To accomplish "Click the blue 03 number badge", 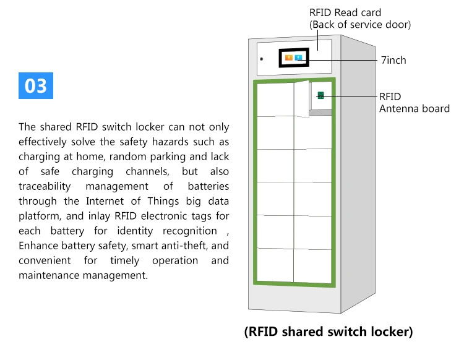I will click(36, 86).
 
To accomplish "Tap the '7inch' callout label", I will click(393, 60).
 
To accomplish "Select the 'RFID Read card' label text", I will click(345, 12).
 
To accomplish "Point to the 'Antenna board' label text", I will click(414, 109).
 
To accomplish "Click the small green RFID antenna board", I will click(320, 95).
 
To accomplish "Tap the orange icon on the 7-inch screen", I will click(288, 58).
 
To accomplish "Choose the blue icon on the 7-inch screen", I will click(298, 58).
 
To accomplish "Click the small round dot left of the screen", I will click(261, 59).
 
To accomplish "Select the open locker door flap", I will click(301, 98).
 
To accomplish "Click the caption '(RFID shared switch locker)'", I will click(328, 332).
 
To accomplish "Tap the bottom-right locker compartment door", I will click(313, 266).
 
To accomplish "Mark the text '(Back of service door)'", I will click(360, 25).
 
